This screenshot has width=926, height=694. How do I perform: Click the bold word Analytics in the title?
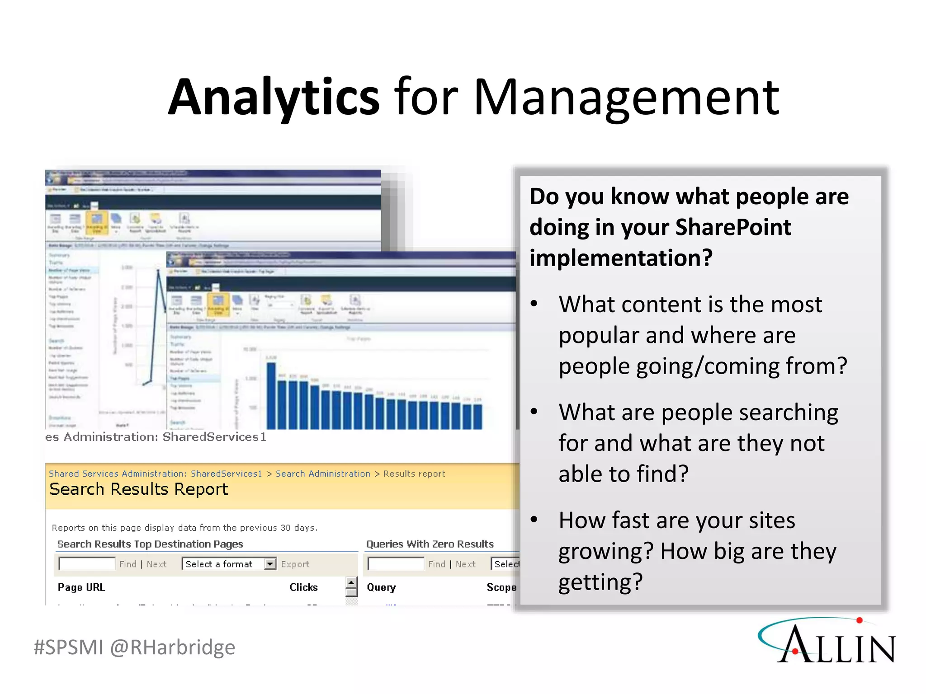coord(274,97)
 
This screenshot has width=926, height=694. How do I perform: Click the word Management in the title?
coord(626,97)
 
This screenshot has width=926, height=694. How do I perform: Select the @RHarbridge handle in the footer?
coord(173,647)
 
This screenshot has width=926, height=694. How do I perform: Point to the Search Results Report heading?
coord(138,489)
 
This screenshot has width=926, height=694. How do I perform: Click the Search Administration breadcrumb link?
coord(323,474)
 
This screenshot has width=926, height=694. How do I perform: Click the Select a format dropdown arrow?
coord(270,564)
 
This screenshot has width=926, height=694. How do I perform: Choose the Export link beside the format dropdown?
coord(295,564)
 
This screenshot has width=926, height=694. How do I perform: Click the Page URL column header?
coord(81,587)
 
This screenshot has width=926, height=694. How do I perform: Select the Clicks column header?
coord(303,587)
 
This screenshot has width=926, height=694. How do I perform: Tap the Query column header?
coord(381,587)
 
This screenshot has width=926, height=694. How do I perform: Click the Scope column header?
coord(501,587)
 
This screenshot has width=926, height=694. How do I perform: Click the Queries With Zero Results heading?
coord(430,544)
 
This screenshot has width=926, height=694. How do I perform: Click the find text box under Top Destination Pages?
coord(87,564)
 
